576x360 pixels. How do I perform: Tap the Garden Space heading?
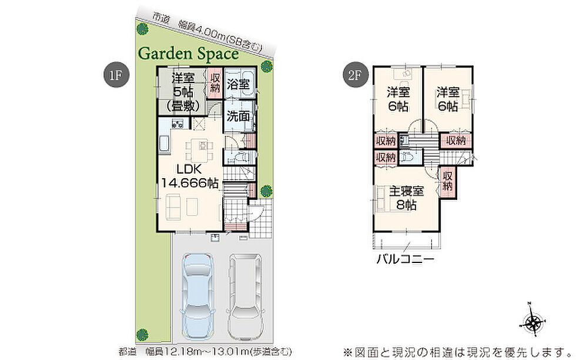point(189,54)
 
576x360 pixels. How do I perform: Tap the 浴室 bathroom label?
point(238,84)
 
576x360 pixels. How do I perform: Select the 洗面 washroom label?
point(238,116)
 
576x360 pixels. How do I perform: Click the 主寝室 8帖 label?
point(406,198)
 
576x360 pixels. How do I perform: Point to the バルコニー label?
point(405,259)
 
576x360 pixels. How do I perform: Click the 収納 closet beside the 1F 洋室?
point(215,83)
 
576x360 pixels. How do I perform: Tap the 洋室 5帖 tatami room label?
point(183,92)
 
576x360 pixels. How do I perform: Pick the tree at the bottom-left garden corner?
point(142,335)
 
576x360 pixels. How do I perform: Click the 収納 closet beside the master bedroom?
point(447,181)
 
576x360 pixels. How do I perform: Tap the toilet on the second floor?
point(407,156)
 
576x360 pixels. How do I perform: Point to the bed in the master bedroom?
point(383,198)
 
